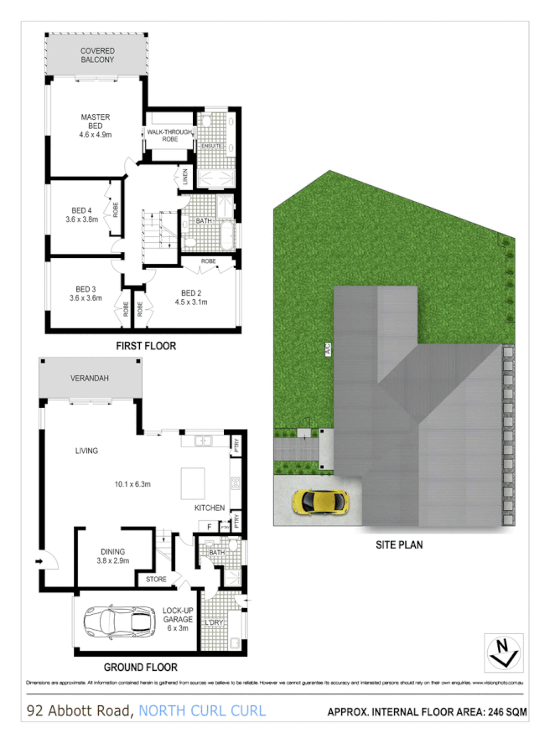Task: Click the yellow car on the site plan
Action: point(319,502)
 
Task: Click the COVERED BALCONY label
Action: point(97,55)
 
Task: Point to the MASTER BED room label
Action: point(95,117)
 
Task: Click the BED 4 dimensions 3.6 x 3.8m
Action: point(82,219)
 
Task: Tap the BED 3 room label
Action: point(82,289)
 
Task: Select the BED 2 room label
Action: point(193,292)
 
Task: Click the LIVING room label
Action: point(86,451)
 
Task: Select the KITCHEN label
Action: point(210,508)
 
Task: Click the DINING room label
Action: point(112,551)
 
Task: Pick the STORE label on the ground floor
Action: point(157,579)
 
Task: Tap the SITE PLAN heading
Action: point(399,544)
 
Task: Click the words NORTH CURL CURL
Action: point(202,711)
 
